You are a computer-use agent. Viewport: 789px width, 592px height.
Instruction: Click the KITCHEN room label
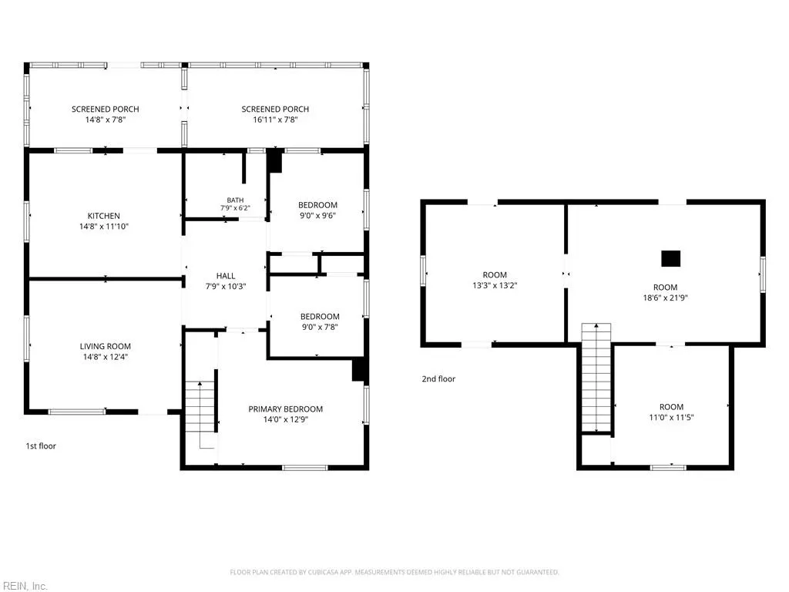pyautogui.click(x=104, y=216)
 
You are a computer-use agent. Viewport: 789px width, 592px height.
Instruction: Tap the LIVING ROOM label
pyautogui.click(x=105, y=346)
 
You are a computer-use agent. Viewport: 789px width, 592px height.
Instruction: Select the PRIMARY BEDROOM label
pyautogui.click(x=285, y=409)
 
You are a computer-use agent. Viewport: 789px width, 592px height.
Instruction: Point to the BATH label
pyautogui.click(x=235, y=200)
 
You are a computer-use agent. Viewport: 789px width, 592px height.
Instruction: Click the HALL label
pyautogui.click(x=226, y=276)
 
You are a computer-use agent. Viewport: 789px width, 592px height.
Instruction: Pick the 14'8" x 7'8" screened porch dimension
pyautogui.click(x=105, y=119)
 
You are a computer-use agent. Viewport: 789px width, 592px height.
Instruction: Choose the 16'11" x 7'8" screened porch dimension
pyautogui.click(x=275, y=119)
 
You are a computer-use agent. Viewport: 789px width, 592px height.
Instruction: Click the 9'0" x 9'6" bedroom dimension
pyautogui.click(x=317, y=216)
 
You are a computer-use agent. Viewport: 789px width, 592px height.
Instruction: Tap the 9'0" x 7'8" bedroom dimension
pyautogui.click(x=320, y=327)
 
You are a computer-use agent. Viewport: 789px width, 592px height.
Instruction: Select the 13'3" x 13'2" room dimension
pyautogui.click(x=495, y=285)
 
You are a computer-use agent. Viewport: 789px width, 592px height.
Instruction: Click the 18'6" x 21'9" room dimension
pyautogui.click(x=665, y=298)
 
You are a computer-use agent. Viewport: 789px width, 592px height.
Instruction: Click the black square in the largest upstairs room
pyautogui.click(x=671, y=259)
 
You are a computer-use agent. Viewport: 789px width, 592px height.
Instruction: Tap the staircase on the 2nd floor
pyautogui.click(x=596, y=378)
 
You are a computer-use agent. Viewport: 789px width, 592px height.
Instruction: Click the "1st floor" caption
pyautogui.click(x=41, y=446)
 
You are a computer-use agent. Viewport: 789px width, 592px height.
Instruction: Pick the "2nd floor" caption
pyautogui.click(x=438, y=379)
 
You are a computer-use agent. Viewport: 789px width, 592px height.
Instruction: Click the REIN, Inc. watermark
pyautogui.click(x=24, y=586)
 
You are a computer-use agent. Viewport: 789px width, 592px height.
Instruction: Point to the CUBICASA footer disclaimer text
pyautogui.click(x=394, y=573)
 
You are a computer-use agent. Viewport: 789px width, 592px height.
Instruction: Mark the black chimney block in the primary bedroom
pyautogui.click(x=360, y=369)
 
